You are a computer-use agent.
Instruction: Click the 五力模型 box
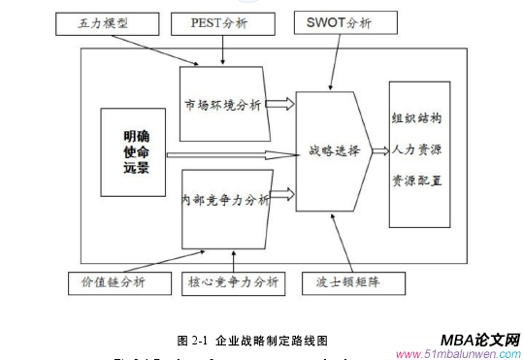pos(104,21)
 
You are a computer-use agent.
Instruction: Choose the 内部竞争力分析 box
pos(224,202)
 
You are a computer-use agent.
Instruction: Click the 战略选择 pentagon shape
pos(333,151)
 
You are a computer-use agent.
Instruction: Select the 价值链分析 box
pos(107,282)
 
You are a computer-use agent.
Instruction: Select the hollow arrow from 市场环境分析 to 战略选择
pos(280,103)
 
